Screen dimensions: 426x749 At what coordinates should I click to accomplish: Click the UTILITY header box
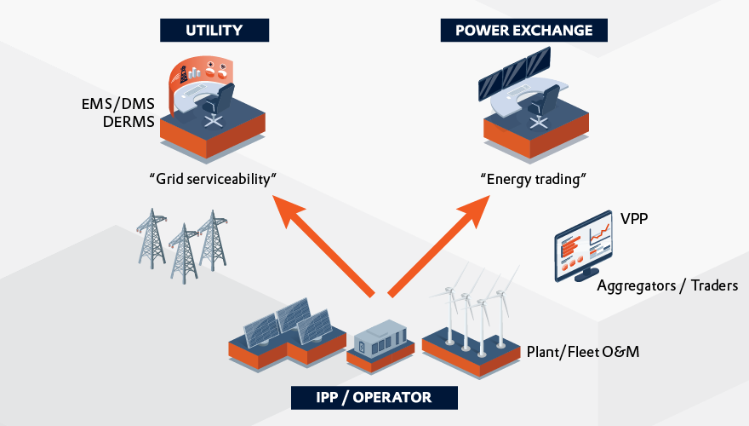click(x=214, y=31)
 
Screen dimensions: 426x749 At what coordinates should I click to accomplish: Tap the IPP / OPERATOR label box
click(x=374, y=397)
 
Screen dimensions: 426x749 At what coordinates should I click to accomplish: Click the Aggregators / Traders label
click(x=666, y=285)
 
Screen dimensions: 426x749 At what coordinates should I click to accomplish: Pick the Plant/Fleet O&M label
click(x=582, y=351)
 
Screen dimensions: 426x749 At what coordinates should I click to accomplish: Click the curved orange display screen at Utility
click(x=200, y=72)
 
